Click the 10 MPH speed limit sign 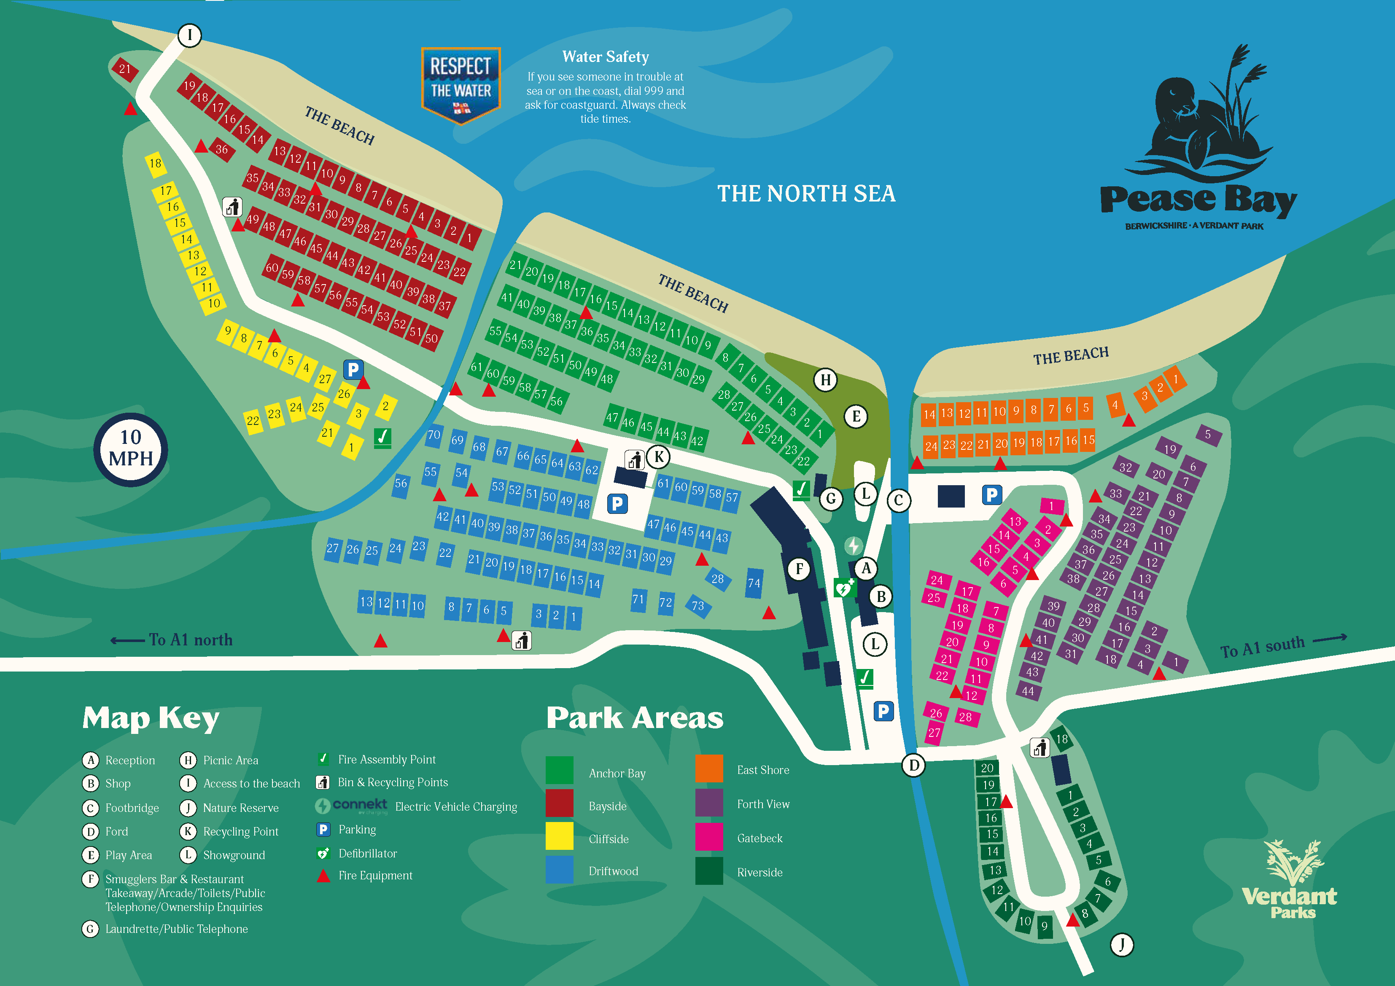(x=131, y=449)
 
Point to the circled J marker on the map (x=1122, y=945)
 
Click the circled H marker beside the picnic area (x=825, y=380)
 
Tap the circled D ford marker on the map (x=914, y=765)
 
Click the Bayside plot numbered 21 (x=124, y=69)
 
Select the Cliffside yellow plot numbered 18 (x=156, y=164)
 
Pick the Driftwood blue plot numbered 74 (x=754, y=583)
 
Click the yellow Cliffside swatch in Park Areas (x=559, y=836)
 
